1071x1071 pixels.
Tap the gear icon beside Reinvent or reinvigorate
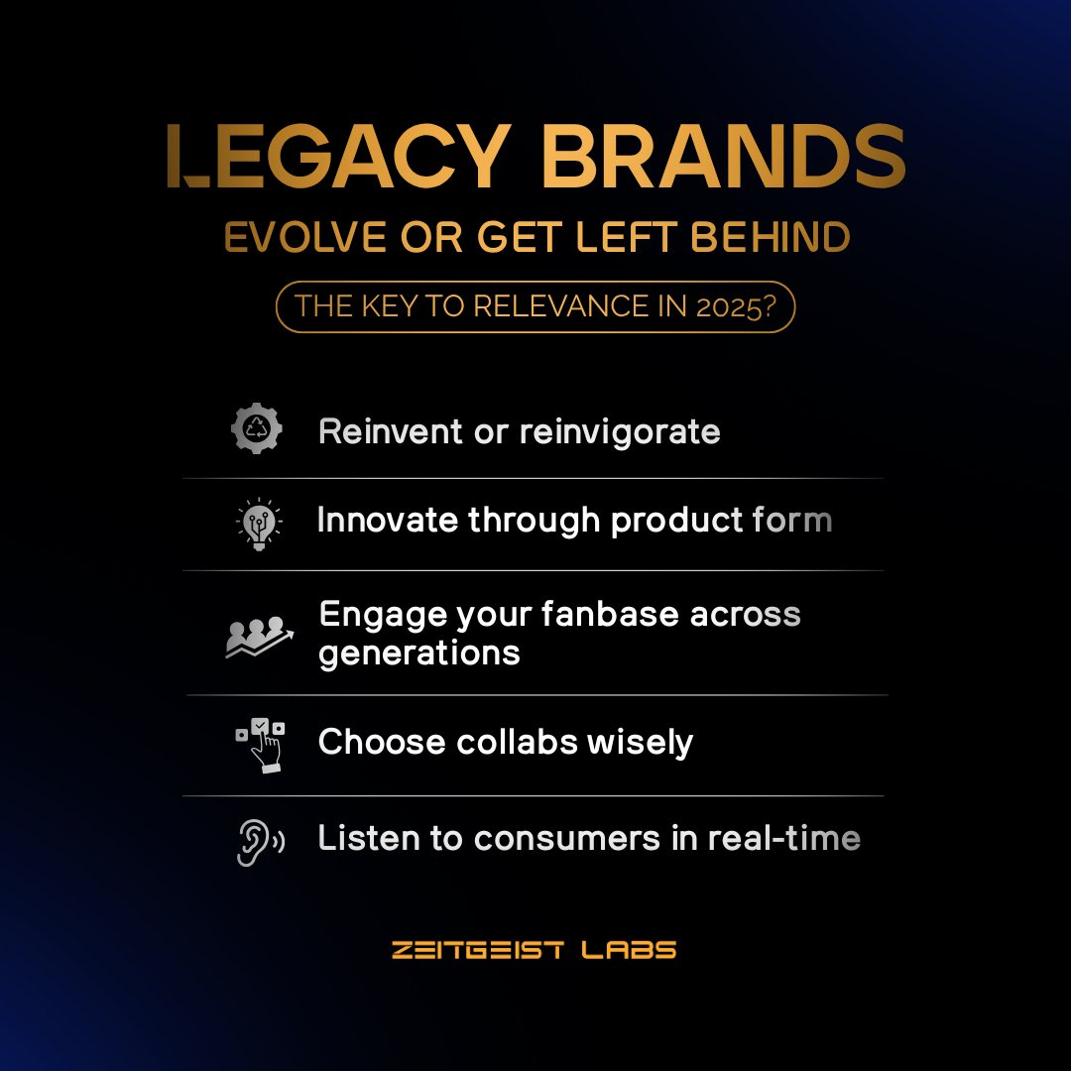(x=257, y=430)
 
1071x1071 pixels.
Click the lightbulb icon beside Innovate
(x=258, y=523)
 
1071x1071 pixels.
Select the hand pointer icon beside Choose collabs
(x=260, y=744)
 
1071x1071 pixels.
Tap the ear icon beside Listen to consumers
(x=259, y=841)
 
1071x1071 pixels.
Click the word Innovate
(x=388, y=521)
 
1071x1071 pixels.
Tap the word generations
(x=419, y=653)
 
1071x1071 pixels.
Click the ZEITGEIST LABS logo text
(x=535, y=950)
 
